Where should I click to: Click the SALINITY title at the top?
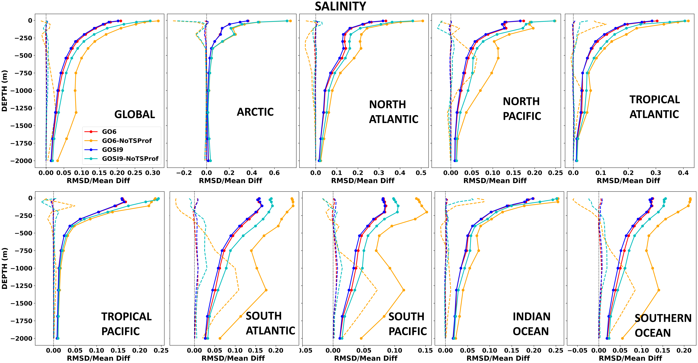340,6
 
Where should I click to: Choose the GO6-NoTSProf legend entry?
127,141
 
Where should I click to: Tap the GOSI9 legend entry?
112,150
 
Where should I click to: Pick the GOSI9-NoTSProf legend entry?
130,159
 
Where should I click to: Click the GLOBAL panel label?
135,114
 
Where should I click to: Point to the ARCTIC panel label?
255,112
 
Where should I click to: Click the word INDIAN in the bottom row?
531,317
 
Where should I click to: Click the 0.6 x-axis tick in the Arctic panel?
274,173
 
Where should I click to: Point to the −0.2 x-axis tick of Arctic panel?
184,173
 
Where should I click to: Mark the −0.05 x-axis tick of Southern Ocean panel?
577,351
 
